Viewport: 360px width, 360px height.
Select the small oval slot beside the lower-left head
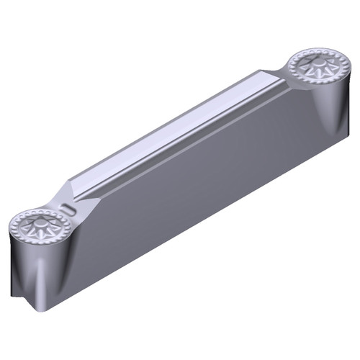(x=69, y=209)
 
